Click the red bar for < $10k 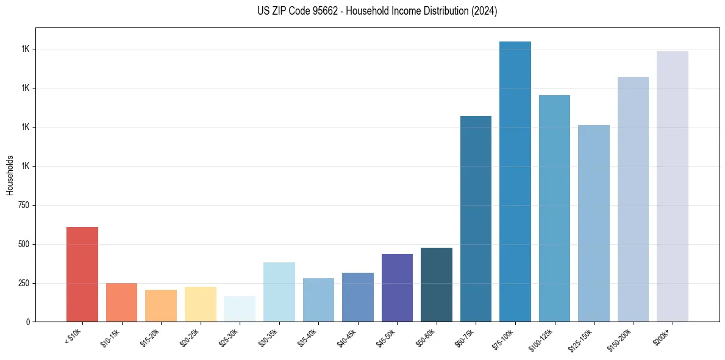coord(82,274)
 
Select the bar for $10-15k coord(121,302)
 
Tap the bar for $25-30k coord(240,309)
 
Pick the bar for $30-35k coord(279,292)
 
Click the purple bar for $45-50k coord(397,287)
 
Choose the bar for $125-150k coord(594,223)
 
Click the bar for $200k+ coord(673,186)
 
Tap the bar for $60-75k coord(476,218)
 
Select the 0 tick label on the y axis coord(28,322)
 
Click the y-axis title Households coord(10,175)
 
